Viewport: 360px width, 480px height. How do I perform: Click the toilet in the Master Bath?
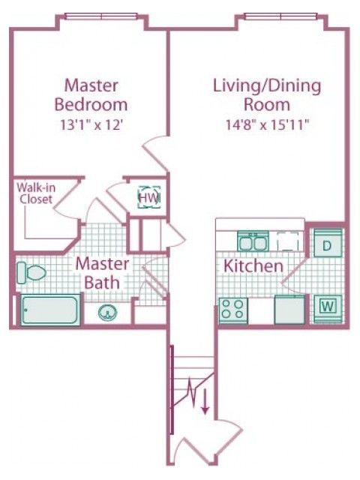coord(31,272)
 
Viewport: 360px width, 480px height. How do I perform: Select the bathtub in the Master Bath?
coord(50,310)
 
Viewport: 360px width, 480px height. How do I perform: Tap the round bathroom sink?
coord(108,313)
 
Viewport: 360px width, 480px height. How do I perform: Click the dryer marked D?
coord(328,243)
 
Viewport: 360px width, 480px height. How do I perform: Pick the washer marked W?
coord(328,308)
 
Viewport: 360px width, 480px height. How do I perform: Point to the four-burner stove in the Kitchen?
coord(233,310)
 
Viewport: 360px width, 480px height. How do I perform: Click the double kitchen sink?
coord(253,241)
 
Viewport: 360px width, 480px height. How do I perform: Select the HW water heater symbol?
coord(149,197)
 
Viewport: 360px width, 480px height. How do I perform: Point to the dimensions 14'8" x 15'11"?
coord(267,125)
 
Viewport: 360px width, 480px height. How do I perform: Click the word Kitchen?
coord(253,265)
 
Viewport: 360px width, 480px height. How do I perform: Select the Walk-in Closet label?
coord(36,193)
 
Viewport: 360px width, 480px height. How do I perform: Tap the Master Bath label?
coord(102,273)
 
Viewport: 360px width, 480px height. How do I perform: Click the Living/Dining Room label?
coord(267,95)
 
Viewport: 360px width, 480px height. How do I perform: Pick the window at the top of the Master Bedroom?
coord(101,16)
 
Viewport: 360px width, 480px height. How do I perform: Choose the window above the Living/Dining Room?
coord(280,16)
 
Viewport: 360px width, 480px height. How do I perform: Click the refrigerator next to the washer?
coord(289,309)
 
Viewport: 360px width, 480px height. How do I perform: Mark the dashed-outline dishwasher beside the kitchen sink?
coord(287,241)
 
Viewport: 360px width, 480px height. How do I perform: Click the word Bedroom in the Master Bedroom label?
coord(91,104)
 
